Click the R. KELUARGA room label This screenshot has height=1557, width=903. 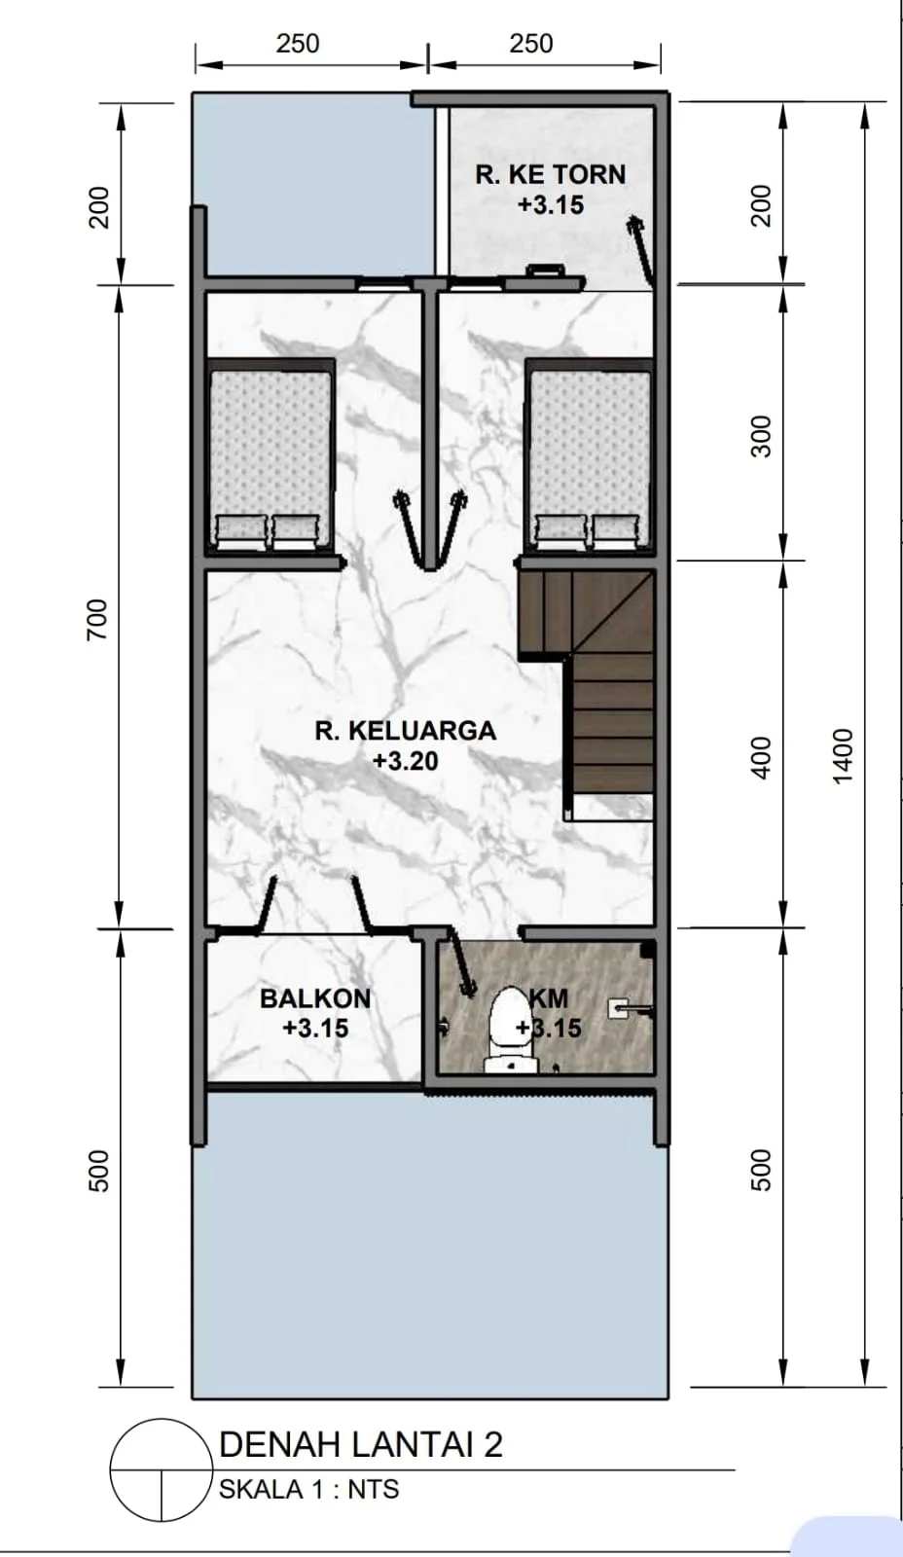click(x=405, y=731)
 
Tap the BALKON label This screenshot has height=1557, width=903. click(x=315, y=998)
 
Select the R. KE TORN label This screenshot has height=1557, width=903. click(x=551, y=174)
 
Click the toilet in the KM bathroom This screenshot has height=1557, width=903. click(x=511, y=1031)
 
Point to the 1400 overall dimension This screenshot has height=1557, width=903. click(x=842, y=756)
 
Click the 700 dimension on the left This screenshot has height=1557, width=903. click(x=97, y=620)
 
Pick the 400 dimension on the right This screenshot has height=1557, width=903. click(x=762, y=758)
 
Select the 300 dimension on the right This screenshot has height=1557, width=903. click(x=762, y=437)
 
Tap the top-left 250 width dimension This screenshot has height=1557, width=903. click(x=298, y=44)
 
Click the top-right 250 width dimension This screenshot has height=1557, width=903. click(x=531, y=44)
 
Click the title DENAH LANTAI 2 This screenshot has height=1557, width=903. click(x=361, y=1445)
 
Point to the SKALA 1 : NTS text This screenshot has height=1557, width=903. click(x=309, y=1489)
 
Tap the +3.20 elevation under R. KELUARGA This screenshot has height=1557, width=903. click(x=405, y=761)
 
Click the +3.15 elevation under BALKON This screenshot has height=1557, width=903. click(x=315, y=1028)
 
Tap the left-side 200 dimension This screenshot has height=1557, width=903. click(x=98, y=207)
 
